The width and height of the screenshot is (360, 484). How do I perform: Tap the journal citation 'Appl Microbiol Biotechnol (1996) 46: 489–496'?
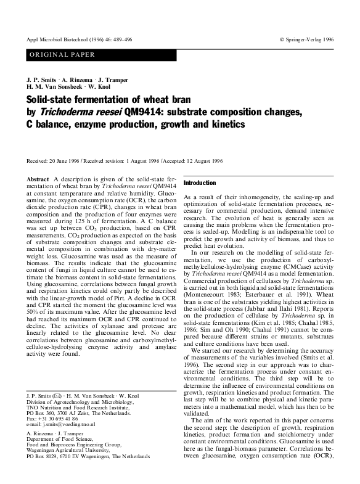click(83, 38)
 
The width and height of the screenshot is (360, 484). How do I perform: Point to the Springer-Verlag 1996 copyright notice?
click(306, 38)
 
